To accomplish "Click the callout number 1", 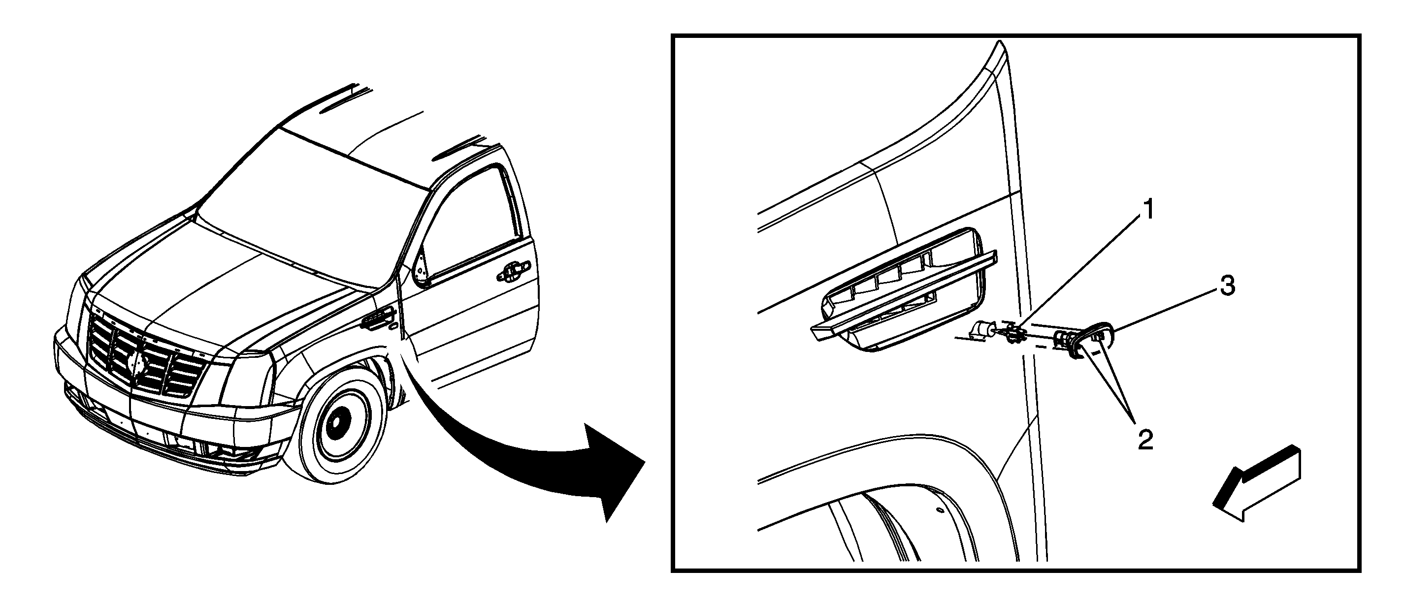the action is coord(1148,210).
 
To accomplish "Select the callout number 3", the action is coord(1227,285).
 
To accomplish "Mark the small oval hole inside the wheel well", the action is coord(939,510).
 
